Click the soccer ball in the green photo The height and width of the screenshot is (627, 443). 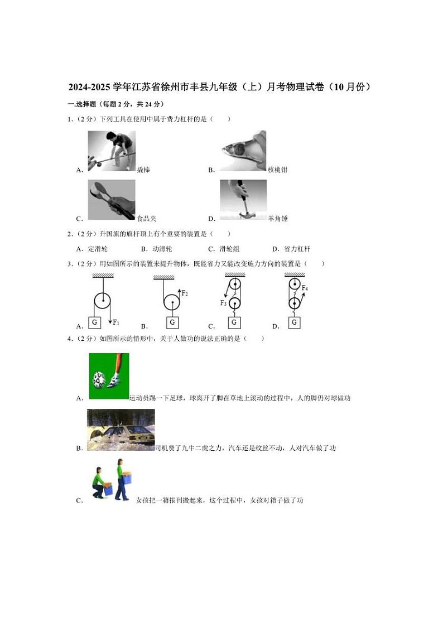coord(99,379)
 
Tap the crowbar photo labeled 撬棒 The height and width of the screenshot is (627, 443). coord(112,151)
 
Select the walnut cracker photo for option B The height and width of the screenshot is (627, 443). coord(243,151)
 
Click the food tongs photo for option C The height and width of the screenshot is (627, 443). coord(112,200)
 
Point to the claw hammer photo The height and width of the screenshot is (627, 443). coord(243,200)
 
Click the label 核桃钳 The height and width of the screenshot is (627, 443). coord(277,170)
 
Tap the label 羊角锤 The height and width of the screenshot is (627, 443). coord(278,218)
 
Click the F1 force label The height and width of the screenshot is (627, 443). coord(116,322)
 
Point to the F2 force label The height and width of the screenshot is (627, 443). coord(184,293)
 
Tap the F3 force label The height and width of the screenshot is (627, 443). coord(224,303)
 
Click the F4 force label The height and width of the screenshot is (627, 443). coord(305,288)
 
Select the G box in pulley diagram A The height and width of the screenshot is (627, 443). coord(95,322)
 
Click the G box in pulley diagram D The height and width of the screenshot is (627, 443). coord(294,322)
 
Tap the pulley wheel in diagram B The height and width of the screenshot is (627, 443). coord(172,302)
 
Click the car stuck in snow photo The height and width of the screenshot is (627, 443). coord(121,430)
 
